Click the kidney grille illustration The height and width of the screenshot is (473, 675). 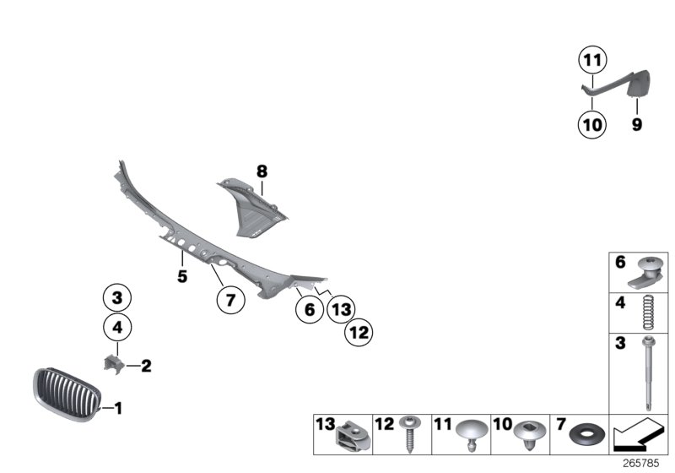click(x=67, y=394)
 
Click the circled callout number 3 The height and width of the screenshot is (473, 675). click(x=117, y=297)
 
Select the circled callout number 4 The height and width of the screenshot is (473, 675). click(x=117, y=328)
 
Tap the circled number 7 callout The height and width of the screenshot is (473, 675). click(x=230, y=299)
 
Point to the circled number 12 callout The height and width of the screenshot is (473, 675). click(x=359, y=333)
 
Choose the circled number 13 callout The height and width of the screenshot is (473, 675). click(x=342, y=309)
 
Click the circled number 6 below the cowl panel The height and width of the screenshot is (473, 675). click(x=310, y=309)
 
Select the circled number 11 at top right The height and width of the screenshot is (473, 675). click(x=592, y=60)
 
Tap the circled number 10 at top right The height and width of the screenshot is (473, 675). click(x=592, y=124)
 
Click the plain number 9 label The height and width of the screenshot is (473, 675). click(x=637, y=124)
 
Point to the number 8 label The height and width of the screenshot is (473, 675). click(x=262, y=171)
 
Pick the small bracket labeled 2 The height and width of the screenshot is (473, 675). click(x=114, y=364)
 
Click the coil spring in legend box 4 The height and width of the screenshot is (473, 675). click(x=648, y=313)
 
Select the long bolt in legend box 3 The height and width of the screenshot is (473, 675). click(x=648, y=373)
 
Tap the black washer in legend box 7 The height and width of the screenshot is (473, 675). click(x=586, y=436)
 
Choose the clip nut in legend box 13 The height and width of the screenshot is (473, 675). click(x=352, y=436)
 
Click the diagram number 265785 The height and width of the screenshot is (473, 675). click(x=640, y=464)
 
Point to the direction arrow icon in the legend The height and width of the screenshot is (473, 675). click(x=636, y=435)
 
